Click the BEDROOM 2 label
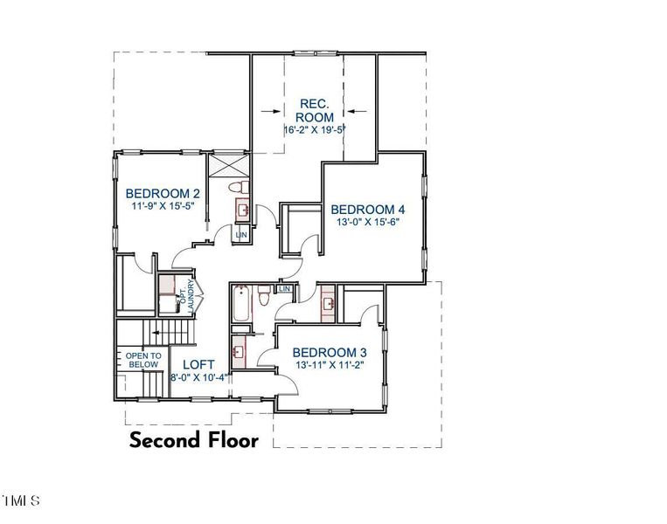(x=163, y=194)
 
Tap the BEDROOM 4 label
(x=367, y=210)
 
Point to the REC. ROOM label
(x=314, y=110)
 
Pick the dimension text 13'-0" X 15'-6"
(x=367, y=224)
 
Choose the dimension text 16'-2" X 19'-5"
(x=314, y=130)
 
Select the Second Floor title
(x=194, y=440)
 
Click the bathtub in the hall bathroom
(x=242, y=306)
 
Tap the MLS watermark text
(x=21, y=501)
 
